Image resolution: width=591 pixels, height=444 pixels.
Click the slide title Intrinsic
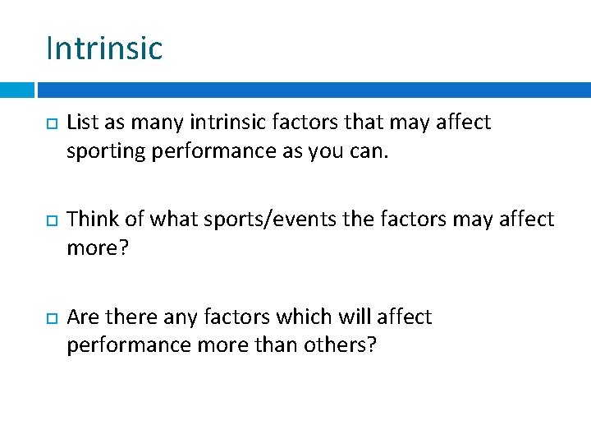click(x=104, y=48)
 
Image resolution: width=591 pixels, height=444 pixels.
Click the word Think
click(x=91, y=220)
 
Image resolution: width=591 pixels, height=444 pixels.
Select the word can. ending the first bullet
click(x=379, y=152)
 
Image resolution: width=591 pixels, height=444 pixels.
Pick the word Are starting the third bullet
click(x=81, y=317)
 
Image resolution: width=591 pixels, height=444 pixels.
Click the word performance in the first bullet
click(x=215, y=152)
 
